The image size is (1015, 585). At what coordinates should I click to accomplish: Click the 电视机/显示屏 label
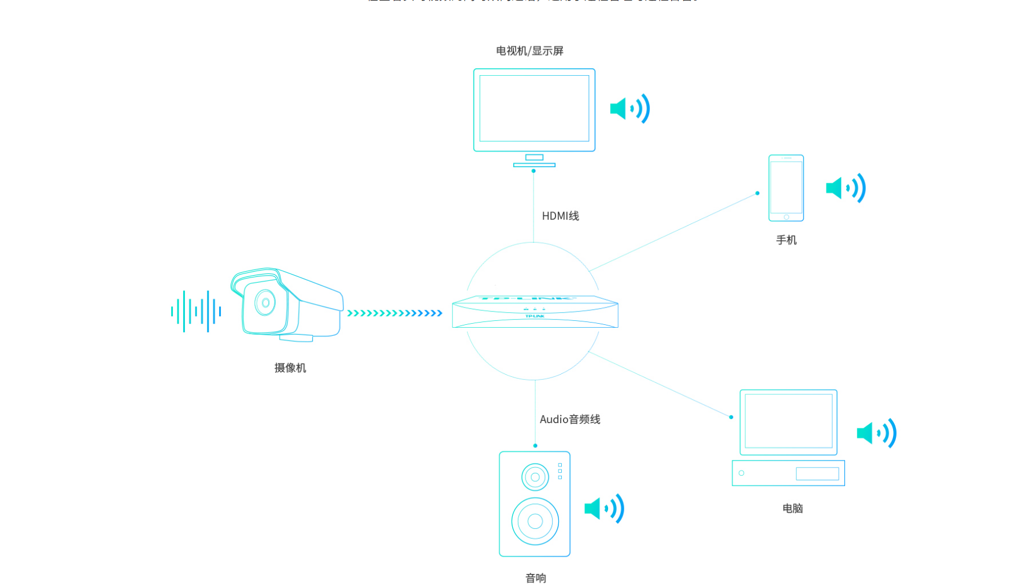click(529, 51)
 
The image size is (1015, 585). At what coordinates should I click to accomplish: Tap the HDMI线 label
click(560, 216)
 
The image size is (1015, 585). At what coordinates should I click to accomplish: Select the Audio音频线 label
click(569, 420)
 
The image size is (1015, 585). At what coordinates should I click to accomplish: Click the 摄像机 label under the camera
click(290, 368)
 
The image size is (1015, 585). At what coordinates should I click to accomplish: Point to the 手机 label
click(786, 240)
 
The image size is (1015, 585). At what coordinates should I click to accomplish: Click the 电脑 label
click(792, 509)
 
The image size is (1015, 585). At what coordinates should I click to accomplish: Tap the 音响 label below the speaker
click(535, 578)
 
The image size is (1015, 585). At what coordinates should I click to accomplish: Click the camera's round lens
click(265, 302)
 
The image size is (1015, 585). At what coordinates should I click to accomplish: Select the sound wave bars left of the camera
click(196, 312)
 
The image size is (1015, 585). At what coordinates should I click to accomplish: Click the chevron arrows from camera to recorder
click(395, 313)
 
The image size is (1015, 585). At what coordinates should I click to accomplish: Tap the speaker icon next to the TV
click(630, 109)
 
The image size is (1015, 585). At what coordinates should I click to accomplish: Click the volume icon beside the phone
click(846, 188)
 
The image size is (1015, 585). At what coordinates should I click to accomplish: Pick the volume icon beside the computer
click(876, 433)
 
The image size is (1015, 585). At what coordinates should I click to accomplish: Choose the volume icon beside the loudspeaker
click(604, 509)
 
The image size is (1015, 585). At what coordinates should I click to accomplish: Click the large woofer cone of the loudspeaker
click(535, 521)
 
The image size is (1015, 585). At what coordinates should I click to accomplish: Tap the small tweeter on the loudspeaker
click(535, 477)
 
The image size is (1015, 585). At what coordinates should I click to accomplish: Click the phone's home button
click(786, 217)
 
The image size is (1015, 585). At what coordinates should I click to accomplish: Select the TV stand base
click(534, 165)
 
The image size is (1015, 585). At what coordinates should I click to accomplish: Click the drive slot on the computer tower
click(817, 474)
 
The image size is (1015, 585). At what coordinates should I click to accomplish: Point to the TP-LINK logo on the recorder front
click(535, 316)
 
